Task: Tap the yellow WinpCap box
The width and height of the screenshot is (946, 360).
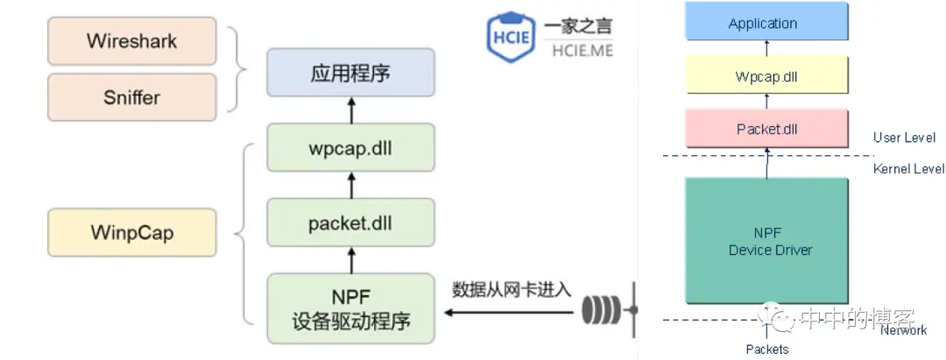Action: coord(131,233)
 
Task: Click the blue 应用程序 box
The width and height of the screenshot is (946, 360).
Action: coord(350,73)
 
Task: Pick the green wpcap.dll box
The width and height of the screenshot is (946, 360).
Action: coord(350,147)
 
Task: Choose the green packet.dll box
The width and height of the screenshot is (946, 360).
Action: coord(350,222)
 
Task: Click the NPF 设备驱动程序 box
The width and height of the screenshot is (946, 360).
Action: coord(350,307)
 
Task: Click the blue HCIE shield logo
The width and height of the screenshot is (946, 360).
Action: coord(511,38)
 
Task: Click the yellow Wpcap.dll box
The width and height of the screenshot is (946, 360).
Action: coord(766,76)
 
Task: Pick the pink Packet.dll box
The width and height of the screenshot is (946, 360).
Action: coord(766,129)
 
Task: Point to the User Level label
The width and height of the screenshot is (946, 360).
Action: coord(904,138)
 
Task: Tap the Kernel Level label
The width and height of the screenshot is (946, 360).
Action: coord(908,169)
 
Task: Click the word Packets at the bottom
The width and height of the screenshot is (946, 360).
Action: coord(767,349)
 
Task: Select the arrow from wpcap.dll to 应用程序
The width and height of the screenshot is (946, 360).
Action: coord(351,110)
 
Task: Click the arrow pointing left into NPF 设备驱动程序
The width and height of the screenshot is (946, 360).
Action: coord(508,311)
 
